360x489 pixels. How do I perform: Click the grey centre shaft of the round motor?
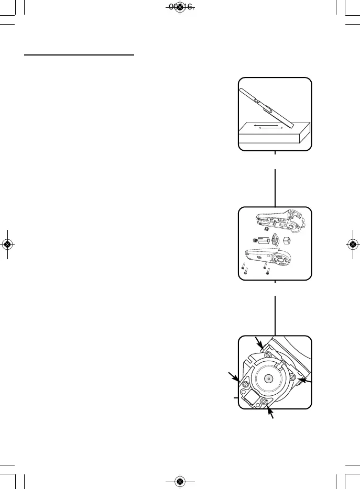coord(268,377)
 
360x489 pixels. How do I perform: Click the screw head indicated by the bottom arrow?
coord(265,402)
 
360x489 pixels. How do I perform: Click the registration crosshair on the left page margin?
coord(7,244)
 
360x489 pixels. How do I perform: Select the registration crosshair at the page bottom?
coord(180,481)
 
